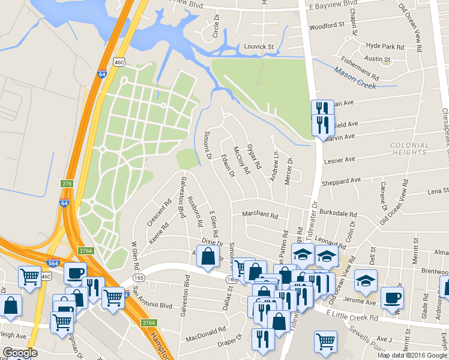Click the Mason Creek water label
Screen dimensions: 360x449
pos(355,81)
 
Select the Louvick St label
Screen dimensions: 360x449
pos(258,46)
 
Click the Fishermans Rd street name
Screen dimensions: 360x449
pos(359,68)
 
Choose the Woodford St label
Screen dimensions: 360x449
pos(327,26)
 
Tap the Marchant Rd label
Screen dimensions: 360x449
pos(260,214)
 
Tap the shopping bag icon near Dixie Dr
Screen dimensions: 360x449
pos(207,257)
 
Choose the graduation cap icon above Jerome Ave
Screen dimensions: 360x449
pos(365,280)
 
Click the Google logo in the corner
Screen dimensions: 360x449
pos(19,353)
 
